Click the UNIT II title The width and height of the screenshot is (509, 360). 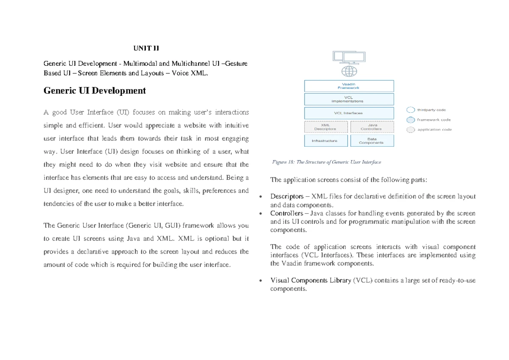tap(145, 48)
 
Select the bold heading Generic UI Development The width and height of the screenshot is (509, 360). tap(95, 90)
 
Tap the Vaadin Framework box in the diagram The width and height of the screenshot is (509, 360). tap(349, 86)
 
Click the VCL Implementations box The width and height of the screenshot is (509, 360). tap(349, 100)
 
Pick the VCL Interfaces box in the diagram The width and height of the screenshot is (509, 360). tap(349, 113)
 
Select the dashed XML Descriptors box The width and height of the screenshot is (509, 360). tap(326, 127)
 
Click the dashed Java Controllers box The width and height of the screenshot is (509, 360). tap(372, 127)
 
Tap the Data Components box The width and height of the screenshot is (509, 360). tap(372, 141)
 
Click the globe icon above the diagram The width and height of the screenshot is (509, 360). tap(349, 70)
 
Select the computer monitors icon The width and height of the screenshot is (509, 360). tap(349, 57)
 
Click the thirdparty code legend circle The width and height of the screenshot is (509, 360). tap(411, 110)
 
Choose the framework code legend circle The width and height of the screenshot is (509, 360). tap(411, 120)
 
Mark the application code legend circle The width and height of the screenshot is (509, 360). tap(411, 130)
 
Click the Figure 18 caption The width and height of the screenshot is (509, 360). tap(326, 162)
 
